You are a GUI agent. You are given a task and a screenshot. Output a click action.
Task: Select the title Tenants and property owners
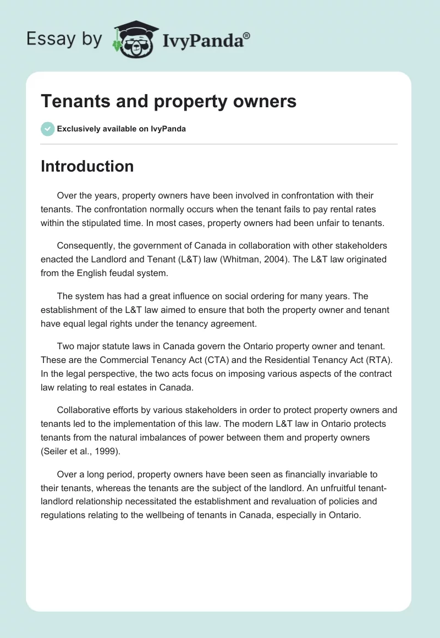click(x=168, y=101)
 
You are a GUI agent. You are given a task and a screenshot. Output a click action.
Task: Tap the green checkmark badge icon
click(x=47, y=129)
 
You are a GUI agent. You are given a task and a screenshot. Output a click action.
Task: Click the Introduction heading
click(x=87, y=166)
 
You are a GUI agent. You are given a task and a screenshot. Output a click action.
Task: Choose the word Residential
click(x=290, y=360)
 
